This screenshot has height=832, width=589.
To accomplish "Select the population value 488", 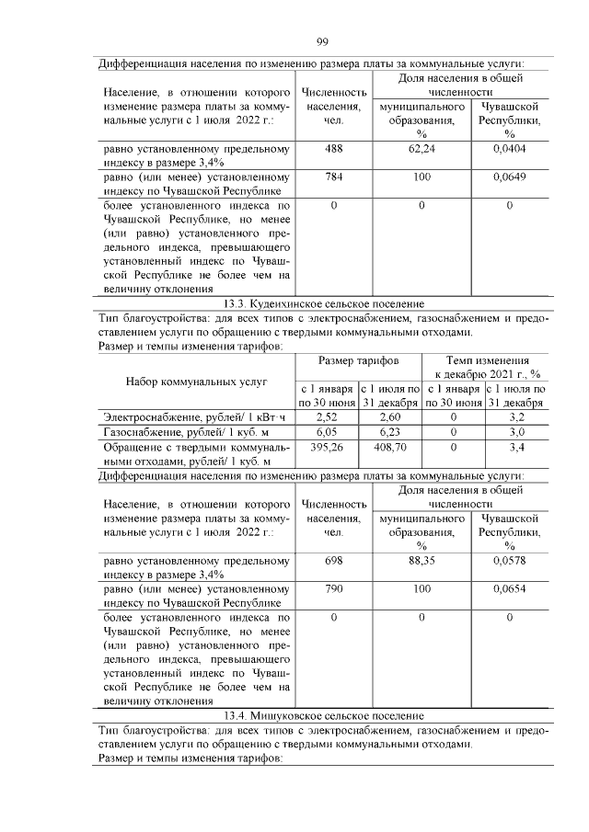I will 334,148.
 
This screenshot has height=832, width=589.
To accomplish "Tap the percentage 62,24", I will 421,148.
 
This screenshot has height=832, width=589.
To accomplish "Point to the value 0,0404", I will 509,148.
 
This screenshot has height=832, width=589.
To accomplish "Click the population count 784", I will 334,177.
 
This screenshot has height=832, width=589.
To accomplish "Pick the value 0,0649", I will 509,177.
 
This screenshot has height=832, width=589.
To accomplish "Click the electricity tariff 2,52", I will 328,416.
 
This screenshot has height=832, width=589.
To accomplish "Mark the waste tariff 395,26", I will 328,446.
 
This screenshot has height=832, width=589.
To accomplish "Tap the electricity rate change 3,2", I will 517,416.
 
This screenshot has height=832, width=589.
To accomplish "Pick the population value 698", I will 334,560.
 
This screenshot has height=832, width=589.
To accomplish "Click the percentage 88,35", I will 421,560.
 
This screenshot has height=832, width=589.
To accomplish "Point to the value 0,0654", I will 509,588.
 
